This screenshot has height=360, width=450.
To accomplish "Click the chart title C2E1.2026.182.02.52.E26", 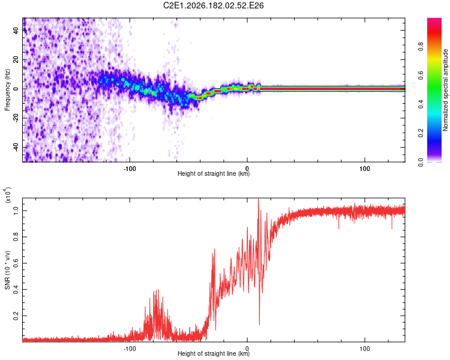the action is click(x=213, y=5).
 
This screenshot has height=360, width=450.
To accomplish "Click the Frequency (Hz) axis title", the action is click(x=7, y=90).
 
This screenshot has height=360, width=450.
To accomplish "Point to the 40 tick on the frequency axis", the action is click(x=16, y=30).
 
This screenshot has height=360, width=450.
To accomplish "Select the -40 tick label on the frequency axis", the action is click(x=16, y=148).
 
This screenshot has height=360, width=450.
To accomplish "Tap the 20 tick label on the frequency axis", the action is click(x=16, y=59).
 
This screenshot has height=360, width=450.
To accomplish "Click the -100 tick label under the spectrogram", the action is click(x=130, y=169).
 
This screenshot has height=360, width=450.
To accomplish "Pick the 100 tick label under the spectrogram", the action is click(x=364, y=169).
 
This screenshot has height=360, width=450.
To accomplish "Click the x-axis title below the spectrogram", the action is click(x=214, y=173).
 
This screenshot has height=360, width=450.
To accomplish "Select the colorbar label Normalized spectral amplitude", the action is click(x=445, y=90).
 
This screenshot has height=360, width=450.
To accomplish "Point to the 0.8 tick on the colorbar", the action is click(x=421, y=47).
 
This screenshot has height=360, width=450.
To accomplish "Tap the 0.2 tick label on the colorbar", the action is click(x=421, y=133).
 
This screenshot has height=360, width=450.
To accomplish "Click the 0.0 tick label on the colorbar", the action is click(x=421, y=162).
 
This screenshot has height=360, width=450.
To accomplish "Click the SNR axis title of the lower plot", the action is click(x=7, y=270).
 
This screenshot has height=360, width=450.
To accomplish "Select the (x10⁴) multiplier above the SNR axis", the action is click(x=8, y=195).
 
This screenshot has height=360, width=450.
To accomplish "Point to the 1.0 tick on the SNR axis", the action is click(x=16, y=211).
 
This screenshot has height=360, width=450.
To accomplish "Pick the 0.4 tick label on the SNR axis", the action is click(x=16, y=289).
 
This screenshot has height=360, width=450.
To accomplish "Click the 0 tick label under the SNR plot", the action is click(x=247, y=349).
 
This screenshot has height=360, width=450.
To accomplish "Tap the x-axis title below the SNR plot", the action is click(x=214, y=353).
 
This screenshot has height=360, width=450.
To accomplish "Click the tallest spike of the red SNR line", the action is click(x=259, y=199).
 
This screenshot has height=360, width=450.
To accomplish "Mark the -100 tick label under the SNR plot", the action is click(x=130, y=349).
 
